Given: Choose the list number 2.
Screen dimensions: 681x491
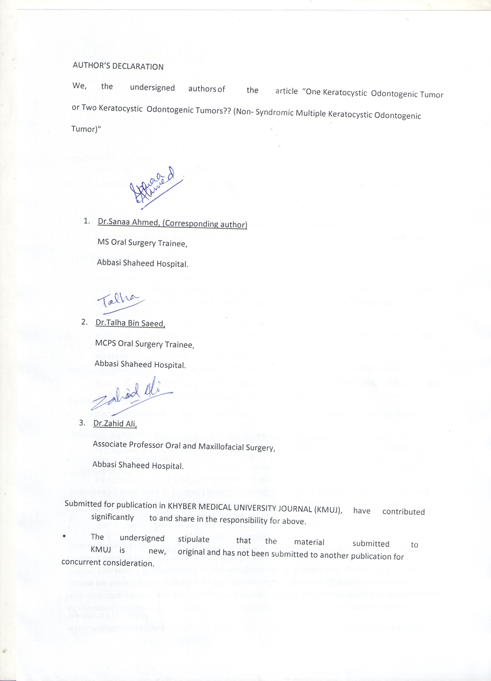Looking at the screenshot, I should pos(84,322).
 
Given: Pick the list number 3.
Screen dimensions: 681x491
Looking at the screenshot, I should pos(82,423).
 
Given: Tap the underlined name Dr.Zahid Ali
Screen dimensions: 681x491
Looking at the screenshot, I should pos(115,424).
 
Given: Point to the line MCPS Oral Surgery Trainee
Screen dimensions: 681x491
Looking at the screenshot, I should pos(145,344).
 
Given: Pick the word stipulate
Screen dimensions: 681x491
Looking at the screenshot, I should pos(193,539).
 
